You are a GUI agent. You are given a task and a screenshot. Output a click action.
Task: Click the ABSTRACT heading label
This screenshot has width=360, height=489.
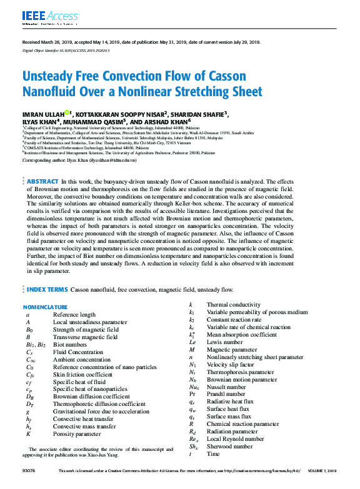(42, 181)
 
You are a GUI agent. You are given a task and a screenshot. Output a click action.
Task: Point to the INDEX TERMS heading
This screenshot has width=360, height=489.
(47, 290)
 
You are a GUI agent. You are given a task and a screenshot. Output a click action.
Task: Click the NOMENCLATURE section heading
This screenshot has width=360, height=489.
(45, 307)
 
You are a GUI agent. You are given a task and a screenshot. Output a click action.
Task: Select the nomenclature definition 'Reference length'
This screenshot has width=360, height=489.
(74, 315)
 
